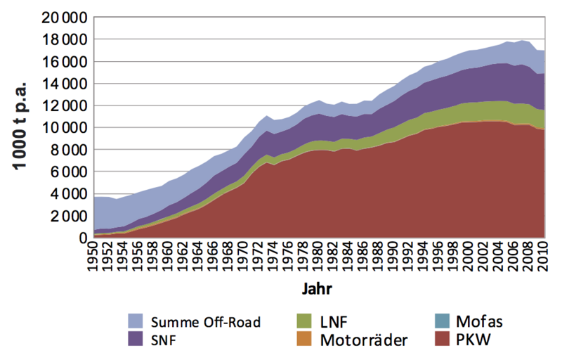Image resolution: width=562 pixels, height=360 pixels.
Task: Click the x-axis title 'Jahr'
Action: point(318,289)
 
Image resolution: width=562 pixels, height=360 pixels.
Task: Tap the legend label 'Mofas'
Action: point(480,323)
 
